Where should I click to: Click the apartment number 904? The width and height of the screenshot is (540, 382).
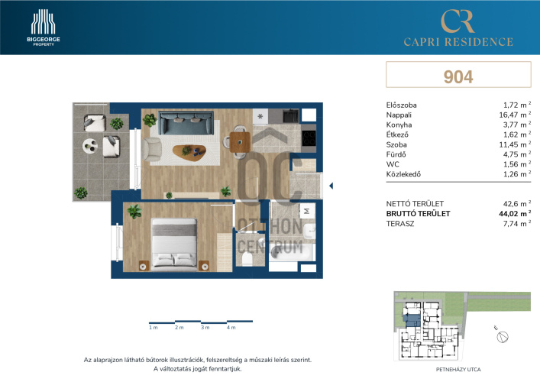tap(458, 77)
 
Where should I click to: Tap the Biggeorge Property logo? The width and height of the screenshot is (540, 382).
tap(44, 28)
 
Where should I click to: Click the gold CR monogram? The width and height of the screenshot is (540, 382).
tap(458, 21)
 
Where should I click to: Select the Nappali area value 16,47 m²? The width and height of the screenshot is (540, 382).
tap(515, 115)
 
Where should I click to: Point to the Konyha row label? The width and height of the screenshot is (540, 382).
tap(399, 125)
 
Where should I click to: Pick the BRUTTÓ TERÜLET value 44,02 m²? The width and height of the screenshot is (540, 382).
tap(515, 214)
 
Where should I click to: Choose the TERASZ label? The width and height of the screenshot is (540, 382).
tap(400, 224)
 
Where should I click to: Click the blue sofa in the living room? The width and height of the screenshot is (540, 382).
tap(186, 123)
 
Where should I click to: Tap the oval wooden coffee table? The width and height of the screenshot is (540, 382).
tap(189, 152)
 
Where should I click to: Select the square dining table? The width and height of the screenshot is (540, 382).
tap(240, 142)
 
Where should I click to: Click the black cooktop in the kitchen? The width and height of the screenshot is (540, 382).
tap(309, 138)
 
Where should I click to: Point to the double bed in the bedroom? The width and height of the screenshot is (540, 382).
tap(174, 243)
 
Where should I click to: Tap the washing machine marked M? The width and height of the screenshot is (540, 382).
tap(307, 210)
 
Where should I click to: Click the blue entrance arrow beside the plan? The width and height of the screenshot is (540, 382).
tap(331, 186)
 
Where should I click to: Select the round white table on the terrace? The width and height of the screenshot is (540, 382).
tap(90, 146)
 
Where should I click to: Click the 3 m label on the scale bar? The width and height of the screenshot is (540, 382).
tap(205, 328)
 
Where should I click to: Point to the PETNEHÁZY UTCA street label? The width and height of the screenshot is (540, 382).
tap(458, 370)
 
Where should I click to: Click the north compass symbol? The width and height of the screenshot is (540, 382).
tap(502, 336)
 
